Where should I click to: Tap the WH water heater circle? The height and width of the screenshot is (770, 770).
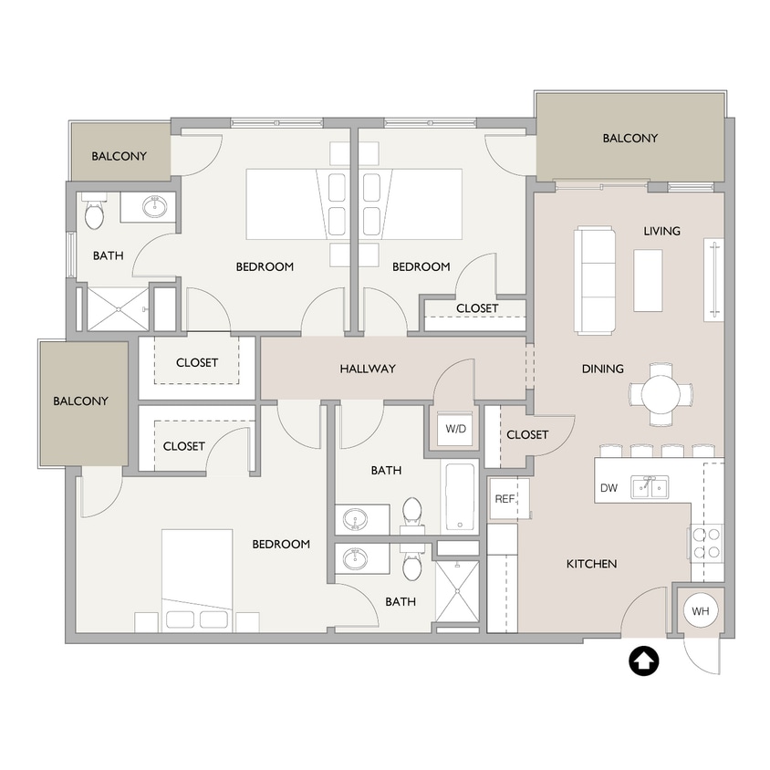click(x=700, y=610)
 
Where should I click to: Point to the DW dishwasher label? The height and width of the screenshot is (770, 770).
click(x=609, y=488)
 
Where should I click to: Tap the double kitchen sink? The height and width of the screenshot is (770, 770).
click(x=651, y=487)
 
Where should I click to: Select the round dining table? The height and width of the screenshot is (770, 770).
click(x=661, y=394)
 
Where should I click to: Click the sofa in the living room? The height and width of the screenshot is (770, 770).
click(x=596, y=281)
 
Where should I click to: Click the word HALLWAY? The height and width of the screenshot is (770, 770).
click(x=368, y=369)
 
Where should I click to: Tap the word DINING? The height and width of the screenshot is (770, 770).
click(x=603, y=369)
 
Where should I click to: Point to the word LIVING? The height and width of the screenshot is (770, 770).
click(x=661, y=231)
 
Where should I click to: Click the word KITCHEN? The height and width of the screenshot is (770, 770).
click(x=591, y=564)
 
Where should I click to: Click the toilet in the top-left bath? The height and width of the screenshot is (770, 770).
click(x=95, y=214)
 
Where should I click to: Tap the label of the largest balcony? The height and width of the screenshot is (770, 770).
click(x=630, y=139)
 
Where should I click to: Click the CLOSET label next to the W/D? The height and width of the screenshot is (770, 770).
click(x=526, y=434)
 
